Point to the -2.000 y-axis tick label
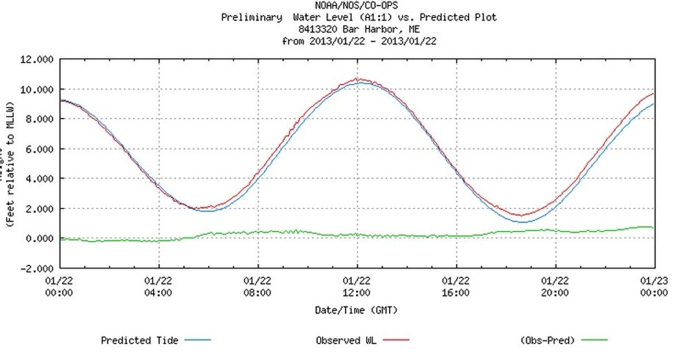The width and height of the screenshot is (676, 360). click(x=35, y=268)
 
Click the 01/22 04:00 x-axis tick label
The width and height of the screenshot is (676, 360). click(x=159, y=286)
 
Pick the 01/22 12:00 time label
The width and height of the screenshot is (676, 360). click(x=357, y=286)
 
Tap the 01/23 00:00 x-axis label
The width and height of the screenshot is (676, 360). click(x=654, y=286)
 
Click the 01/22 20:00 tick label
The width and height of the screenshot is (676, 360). click(x=555, y=286)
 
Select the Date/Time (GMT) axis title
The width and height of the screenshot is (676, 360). click(x=357, y=310)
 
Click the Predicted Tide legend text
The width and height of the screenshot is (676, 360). click(x=139, y=341)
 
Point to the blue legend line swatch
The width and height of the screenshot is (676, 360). click(x=197, y=341)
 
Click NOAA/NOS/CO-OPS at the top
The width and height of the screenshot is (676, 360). click(x=356, y=6)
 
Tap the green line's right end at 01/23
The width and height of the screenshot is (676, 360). click(x=653, y=228)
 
